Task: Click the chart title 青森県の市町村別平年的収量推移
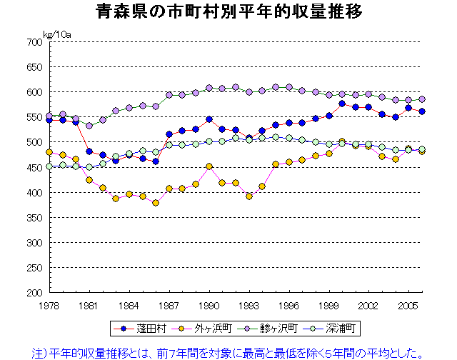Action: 228,12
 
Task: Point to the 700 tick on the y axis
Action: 34,42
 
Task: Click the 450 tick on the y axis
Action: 34,168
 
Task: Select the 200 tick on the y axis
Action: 34,293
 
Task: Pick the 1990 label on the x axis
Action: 209,305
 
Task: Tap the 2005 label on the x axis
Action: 408,305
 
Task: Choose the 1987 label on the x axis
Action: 169,305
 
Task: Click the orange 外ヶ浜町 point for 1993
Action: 249,196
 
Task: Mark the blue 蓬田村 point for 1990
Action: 209,119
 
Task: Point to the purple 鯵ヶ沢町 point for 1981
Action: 89,126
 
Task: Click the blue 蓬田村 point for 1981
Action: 89,151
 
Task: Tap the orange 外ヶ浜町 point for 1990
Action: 209,166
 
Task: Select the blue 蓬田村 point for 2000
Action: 342,104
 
